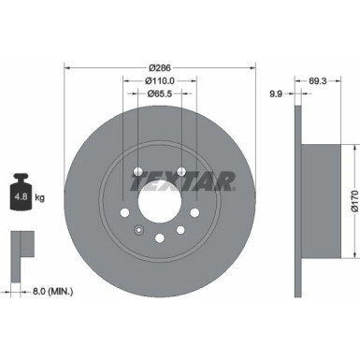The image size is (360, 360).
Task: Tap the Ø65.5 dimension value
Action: [159, 94]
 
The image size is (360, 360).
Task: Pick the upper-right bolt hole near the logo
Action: [182, 171]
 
